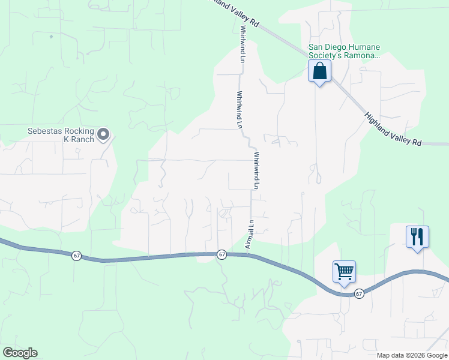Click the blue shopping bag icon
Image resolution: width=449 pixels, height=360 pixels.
(x=319, y=71)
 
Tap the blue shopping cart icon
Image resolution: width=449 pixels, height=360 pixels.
(x=345, y=271)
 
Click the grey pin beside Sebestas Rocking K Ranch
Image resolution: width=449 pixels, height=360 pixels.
(x=103, y=134)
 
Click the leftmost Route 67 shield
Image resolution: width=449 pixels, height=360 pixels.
(x=76, y=256)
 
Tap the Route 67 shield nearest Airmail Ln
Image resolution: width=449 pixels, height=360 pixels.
(x=221, y=254)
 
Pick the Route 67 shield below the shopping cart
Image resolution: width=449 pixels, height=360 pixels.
(x=358, y=293)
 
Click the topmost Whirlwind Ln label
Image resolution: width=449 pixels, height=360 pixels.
(x=243, y=44)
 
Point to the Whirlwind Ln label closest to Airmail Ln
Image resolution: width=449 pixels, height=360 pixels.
(x=256, y=170)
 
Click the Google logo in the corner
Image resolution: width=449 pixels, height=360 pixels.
(x=19, y=352)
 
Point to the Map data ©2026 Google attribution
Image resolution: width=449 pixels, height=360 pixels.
(x=411, y=355)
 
